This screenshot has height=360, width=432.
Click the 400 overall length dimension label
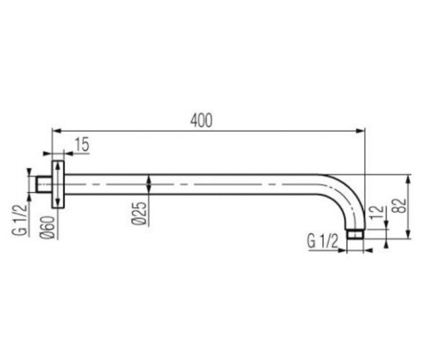(201, 121)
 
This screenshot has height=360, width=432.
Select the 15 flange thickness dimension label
(82, 145)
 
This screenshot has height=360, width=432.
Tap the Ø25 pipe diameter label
(139, 213)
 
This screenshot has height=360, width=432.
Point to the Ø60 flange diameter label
(48, 227)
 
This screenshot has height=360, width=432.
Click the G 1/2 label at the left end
(20, 219)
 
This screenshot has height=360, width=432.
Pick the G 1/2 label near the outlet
(323, 241)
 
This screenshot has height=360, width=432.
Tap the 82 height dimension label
(401, 206)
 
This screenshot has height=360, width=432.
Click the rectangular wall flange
(58, 184)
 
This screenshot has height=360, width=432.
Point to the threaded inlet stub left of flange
(44, 184)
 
